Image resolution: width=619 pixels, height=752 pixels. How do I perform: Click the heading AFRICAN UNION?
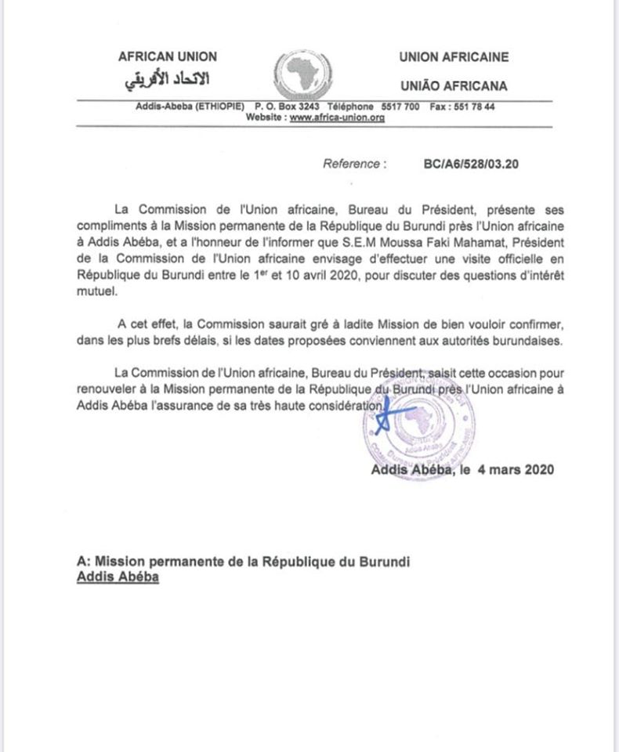(x=168, y=56)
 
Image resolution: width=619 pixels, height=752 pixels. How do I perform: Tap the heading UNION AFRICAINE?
(x=454, y=56)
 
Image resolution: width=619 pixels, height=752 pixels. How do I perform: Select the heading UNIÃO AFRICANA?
(x=453, y=85)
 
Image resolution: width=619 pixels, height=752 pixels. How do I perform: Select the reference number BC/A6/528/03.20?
(x=471, y=164)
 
